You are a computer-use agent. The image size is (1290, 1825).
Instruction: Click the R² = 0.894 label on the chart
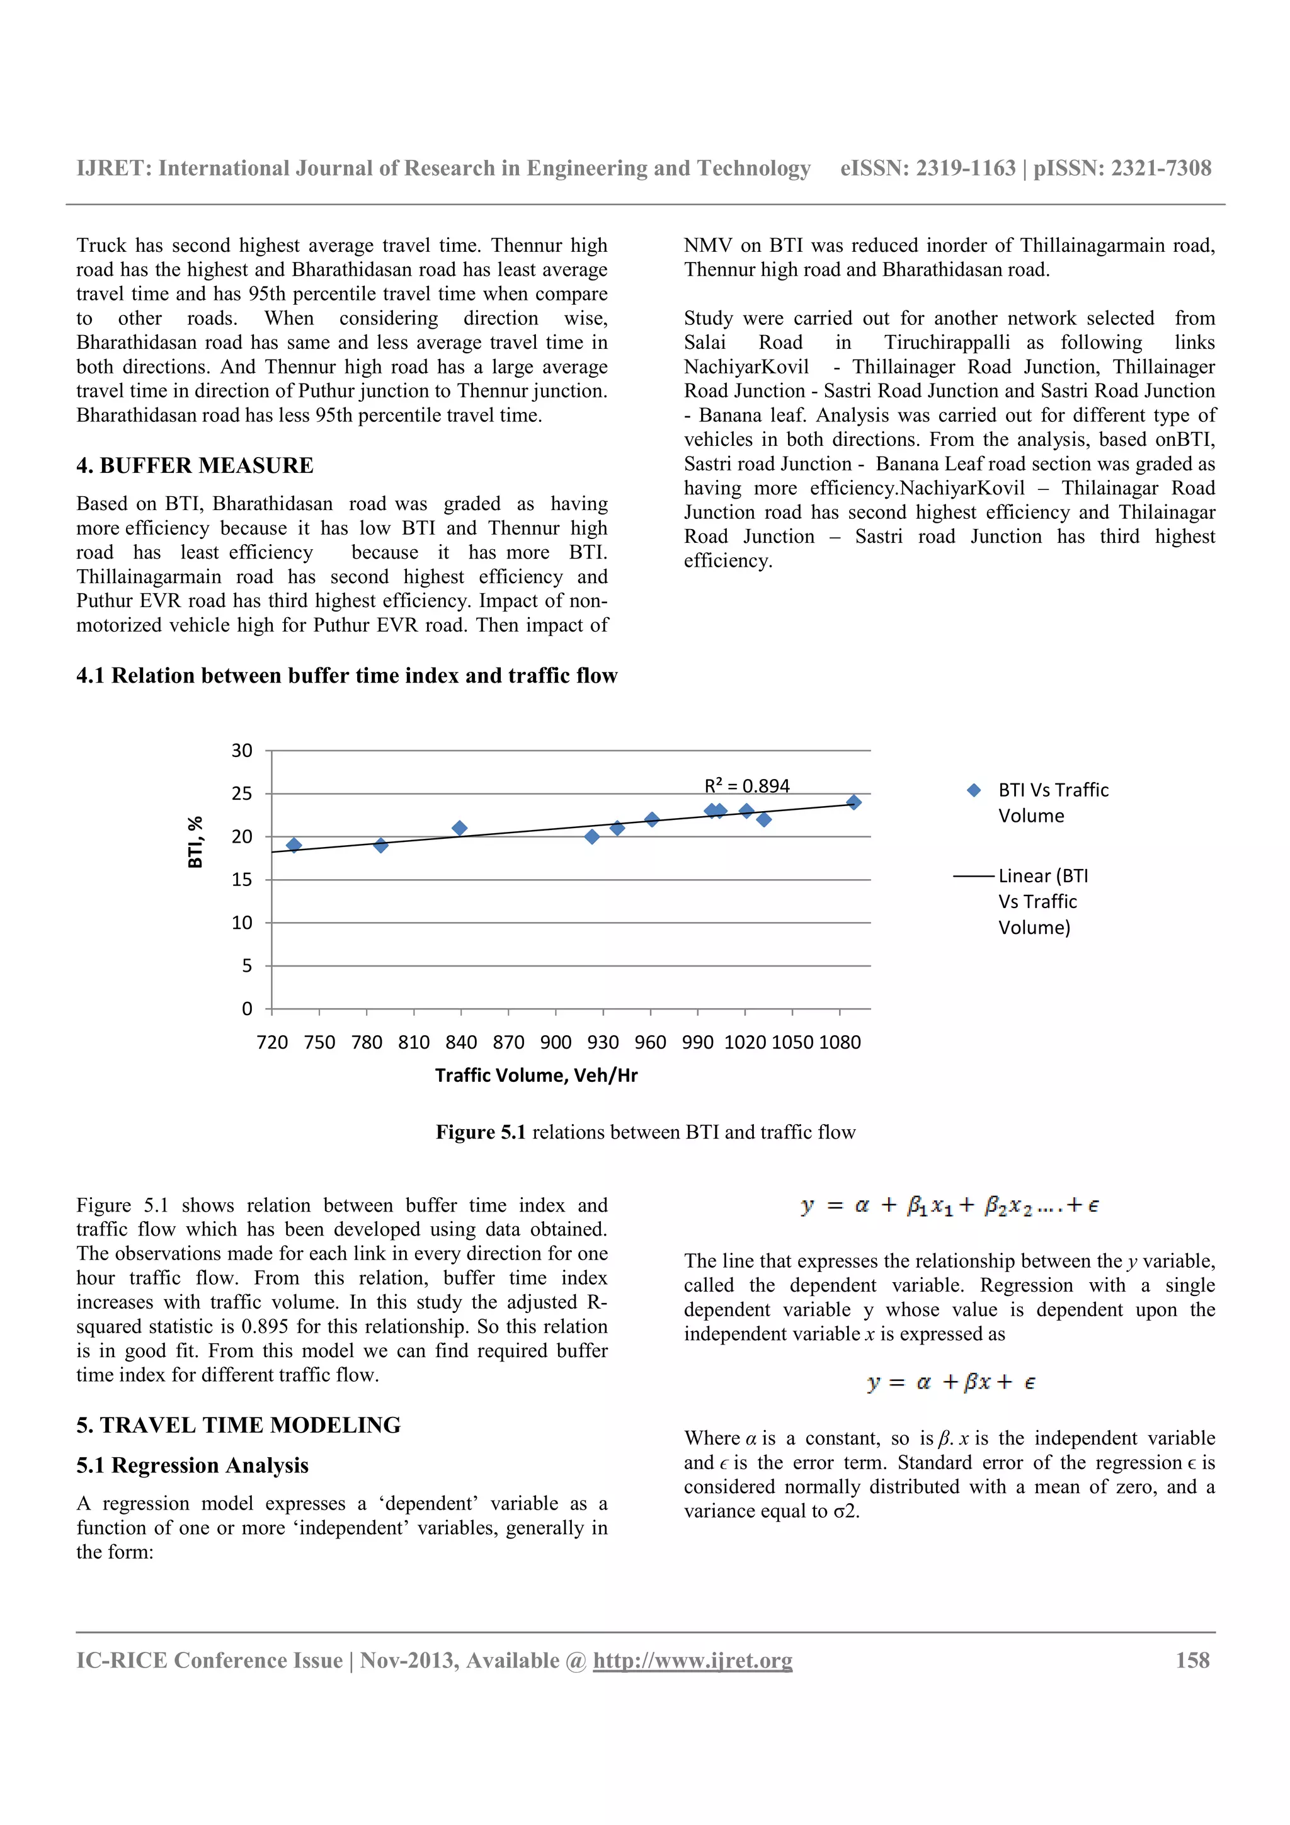pyautogui.click(x=746, y=786)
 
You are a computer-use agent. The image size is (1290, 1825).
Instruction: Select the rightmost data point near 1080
pyautogui.click(x=853, y=802)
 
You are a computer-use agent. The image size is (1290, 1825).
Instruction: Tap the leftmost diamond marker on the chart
pyautogui.click(x=294, y=845)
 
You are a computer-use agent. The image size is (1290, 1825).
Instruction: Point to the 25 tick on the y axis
pyautogui.click(x=242, y=793)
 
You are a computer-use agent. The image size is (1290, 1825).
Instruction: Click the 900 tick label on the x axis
pyautogui.click(x=556, y=1042)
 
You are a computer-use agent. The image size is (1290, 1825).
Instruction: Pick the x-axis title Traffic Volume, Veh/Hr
pyautogui.click(x=537, y=1076)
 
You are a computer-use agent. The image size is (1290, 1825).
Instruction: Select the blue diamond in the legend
pyautogui.click(x=974, y=790)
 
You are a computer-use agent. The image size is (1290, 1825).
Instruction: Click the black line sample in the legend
pyautogui.click(x=974, y=876)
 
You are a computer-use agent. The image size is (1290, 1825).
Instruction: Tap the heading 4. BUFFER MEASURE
pyautogui.click(x=195, y=466)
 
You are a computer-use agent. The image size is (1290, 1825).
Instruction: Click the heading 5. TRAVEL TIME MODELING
pyautogui.click(x=239, y=1425)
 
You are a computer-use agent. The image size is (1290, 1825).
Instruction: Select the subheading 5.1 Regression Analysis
pyautogui.click(x=192, y=1465)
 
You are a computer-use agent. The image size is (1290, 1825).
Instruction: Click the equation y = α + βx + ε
pyautogui.click(x=950, y=1382)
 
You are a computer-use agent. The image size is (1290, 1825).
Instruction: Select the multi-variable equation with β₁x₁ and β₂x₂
pyautogui.click(x=950, y=1206)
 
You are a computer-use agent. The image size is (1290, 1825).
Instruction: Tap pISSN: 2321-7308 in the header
pyautogui.click(x=1122, y=169)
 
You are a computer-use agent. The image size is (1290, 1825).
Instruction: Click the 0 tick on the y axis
pyautogui.click(x=247, y=1009)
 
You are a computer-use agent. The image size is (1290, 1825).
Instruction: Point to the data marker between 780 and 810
pyautogui.click(x=380, y=845)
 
